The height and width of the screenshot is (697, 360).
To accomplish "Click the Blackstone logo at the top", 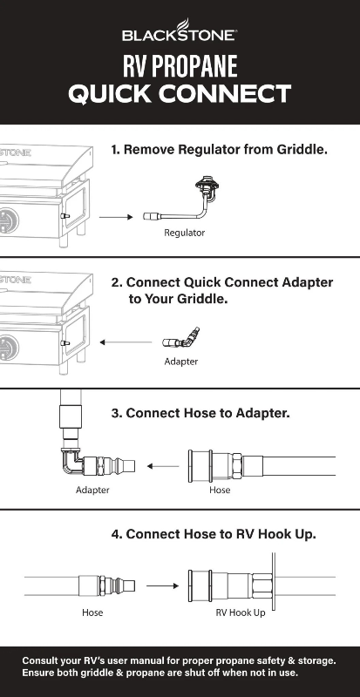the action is tap(180, 30).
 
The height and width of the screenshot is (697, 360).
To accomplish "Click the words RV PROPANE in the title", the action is tap(180, 66).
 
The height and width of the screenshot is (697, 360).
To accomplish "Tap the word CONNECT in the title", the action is tap(226, 94).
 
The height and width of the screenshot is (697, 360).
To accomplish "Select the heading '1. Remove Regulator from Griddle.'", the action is tap(220, 149).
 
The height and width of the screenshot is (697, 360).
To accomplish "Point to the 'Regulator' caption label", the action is tap(184, 233).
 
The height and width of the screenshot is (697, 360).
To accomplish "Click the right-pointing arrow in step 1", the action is tap(116, 217).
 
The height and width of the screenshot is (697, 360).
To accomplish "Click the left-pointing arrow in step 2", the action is tap(126, 342).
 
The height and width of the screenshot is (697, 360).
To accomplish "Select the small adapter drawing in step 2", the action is tap(180, 339).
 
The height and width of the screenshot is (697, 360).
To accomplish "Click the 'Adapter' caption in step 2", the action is tap(180, 362).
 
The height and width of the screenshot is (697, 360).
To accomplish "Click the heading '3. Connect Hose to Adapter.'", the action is tap(200, 413).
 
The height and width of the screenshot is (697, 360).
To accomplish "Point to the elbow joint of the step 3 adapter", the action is tap(71, 462).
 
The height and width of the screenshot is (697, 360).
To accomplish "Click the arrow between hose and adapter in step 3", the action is tap(163, 466).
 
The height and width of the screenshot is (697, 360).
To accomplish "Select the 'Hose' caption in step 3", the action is tap(220, 490).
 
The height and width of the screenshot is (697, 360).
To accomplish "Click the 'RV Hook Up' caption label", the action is tap(241, 612).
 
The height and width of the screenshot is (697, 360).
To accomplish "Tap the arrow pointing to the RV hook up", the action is tap(162, 585).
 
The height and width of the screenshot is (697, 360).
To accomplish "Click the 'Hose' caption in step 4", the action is tap(92, 612).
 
